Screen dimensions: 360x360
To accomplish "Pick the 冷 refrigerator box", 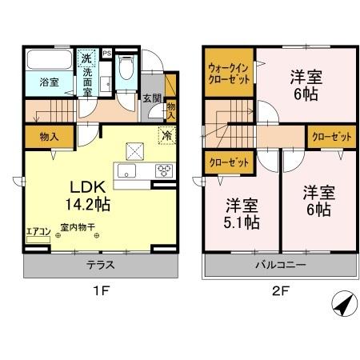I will click(x=167, y=135).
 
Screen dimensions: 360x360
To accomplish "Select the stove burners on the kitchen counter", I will click(x=164, y=170).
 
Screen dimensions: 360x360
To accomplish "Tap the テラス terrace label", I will click(x=99, y=263).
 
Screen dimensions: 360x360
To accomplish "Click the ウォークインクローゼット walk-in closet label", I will click(x=228, y=74).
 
